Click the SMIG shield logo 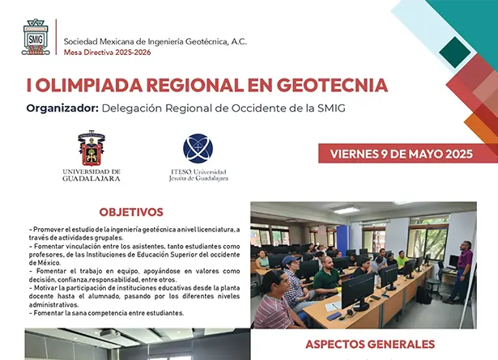(x=35, y=37)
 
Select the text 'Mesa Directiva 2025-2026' (x=106, y=53)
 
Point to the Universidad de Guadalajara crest (x=90, y=148)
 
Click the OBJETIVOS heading (x=131, y=212)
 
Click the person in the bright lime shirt (x=402, y=259)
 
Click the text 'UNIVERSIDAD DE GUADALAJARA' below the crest (x=91, y=174)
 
